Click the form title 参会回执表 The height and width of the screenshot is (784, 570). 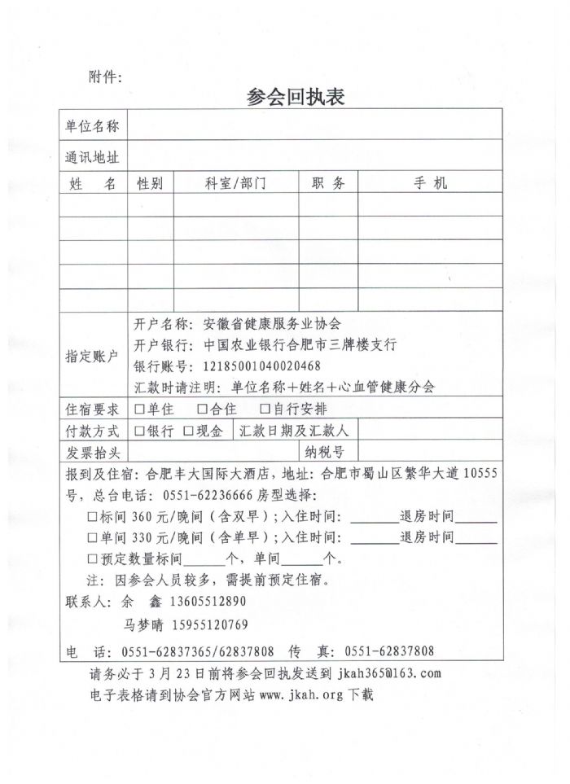296,98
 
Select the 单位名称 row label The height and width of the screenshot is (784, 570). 92,126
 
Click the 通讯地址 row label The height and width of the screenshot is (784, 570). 92,157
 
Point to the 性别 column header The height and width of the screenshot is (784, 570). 150,184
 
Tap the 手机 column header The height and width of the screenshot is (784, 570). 431,184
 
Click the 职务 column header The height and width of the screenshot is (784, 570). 328,184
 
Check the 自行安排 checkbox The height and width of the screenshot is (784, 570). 265,410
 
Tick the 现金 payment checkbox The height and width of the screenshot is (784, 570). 189,431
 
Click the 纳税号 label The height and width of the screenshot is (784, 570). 325,452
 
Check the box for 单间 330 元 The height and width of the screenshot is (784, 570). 92,537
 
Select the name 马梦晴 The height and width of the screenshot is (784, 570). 143,625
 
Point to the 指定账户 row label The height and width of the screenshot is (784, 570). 92,357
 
